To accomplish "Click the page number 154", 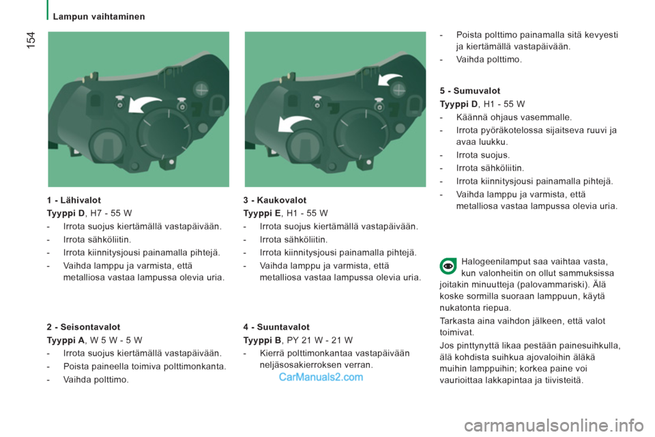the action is [x=31, y=40].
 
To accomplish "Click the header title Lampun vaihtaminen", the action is [x=99, y=16].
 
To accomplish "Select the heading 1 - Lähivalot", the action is [x=74, y=200].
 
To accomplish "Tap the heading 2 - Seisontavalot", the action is [x=83, y=327].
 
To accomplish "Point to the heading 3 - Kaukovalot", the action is [x=275, y=200].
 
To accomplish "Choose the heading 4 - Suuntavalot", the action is [x=276, y=327].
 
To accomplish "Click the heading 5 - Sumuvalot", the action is [x=470, y=91].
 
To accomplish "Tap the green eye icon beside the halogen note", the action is [x=448, y=266].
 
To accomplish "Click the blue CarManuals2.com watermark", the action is [x=321, y=377].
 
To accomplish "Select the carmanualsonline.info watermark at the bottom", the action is [x=553, y=425].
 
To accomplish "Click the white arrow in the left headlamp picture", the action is [x=144, y=104].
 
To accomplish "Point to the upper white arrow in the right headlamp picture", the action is [x=390, y=79].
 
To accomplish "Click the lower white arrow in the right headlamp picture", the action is [x=293, y=123].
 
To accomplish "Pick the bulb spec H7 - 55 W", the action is [x=111, y=213].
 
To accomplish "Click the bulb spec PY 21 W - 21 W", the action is [x=320, y=341].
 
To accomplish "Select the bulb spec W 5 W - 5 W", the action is [x=116, y=341].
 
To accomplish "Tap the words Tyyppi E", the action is [x=262, y=213].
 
